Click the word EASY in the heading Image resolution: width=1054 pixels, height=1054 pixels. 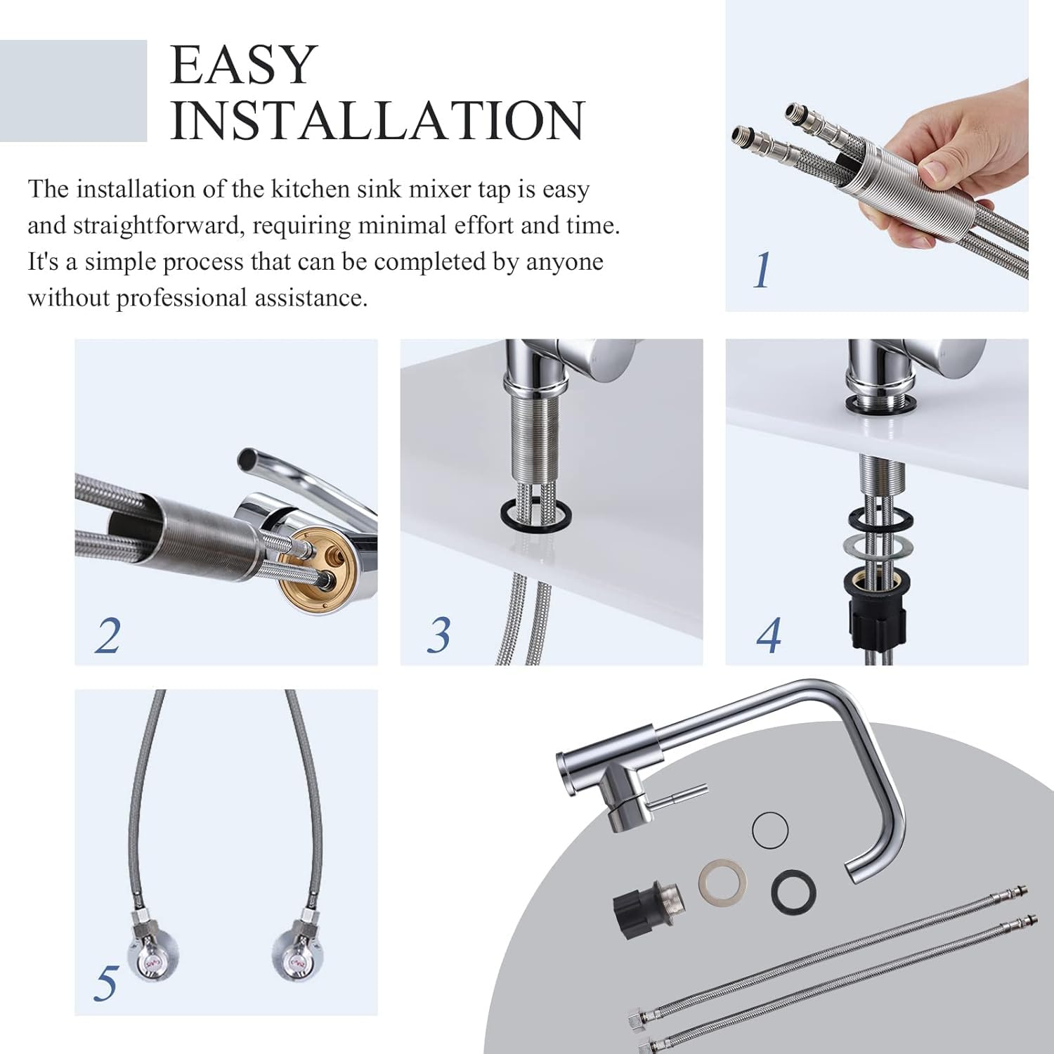243,65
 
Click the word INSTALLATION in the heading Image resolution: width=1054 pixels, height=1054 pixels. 377,120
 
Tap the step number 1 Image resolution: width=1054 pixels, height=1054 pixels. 762,271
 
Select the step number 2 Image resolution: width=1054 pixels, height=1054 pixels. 108,636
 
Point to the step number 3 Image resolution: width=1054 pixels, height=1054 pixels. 438,635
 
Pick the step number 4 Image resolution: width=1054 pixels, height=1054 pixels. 768,636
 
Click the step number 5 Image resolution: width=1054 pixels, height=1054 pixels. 106,983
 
